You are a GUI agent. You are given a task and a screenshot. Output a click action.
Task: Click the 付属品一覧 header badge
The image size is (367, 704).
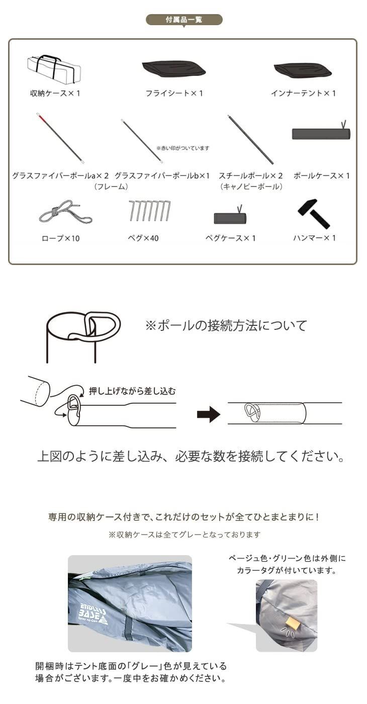pos(183,20)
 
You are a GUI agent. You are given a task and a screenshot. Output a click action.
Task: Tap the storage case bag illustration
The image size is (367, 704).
pos(54,69)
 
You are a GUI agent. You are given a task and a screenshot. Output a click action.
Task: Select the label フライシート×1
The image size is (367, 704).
pos(174,93)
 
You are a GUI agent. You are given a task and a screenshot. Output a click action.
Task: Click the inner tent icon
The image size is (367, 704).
pos(302,70)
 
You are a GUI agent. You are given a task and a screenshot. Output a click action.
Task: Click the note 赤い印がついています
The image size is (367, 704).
pos(182,148)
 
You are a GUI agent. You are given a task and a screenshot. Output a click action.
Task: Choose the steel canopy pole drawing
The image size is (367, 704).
pos(250,139)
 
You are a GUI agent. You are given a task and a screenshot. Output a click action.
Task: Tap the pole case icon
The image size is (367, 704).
pos(320,133)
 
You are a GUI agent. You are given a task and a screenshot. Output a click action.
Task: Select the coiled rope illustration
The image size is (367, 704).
pos(65,212)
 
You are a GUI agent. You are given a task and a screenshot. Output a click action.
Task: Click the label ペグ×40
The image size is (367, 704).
pos(143,238)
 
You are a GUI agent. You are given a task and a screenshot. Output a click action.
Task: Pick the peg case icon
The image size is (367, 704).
pos(230,218)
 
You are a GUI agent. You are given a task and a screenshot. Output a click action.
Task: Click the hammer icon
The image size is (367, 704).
pos(314,214)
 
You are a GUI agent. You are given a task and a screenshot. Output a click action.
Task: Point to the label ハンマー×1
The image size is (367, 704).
pos(314,238)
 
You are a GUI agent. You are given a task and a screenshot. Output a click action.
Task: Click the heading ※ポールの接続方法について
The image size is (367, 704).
pos(226,325)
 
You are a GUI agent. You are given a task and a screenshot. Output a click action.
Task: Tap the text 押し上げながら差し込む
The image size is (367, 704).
pos(132,391)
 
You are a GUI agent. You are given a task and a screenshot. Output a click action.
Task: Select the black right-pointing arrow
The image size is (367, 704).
pos(208,414)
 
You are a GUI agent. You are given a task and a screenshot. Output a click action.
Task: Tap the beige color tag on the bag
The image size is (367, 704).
pos(292,624)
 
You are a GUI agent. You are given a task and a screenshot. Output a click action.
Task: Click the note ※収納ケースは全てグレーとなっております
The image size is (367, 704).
pos(184,535)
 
